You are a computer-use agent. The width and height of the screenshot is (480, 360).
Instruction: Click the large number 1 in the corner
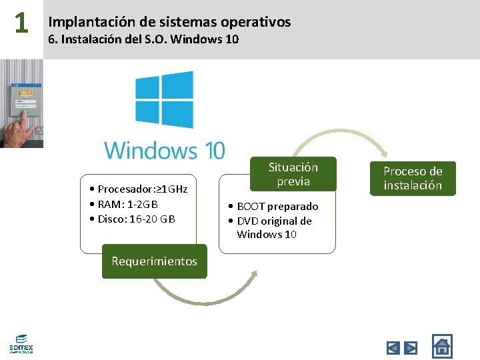21,23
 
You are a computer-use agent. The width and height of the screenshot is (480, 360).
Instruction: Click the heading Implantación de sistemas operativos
169,22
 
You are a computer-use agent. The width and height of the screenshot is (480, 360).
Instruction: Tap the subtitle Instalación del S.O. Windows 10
143,39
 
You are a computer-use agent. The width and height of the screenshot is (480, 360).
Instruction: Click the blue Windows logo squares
164,99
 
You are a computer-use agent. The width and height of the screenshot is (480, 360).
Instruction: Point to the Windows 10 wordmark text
164,150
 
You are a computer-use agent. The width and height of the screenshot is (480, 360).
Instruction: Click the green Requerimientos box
154,261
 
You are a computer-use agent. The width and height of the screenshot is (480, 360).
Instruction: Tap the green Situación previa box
293,174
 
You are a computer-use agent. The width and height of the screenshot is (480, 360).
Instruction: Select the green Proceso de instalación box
413,178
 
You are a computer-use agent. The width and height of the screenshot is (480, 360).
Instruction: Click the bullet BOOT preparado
273,207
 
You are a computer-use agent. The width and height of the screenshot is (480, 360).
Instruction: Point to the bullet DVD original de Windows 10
269,227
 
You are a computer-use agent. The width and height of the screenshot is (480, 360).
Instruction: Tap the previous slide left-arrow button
393,347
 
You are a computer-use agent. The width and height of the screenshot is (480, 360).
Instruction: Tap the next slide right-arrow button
411,347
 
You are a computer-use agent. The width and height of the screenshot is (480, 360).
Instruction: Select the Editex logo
21,343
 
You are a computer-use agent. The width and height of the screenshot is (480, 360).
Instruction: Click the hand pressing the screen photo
21,103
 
